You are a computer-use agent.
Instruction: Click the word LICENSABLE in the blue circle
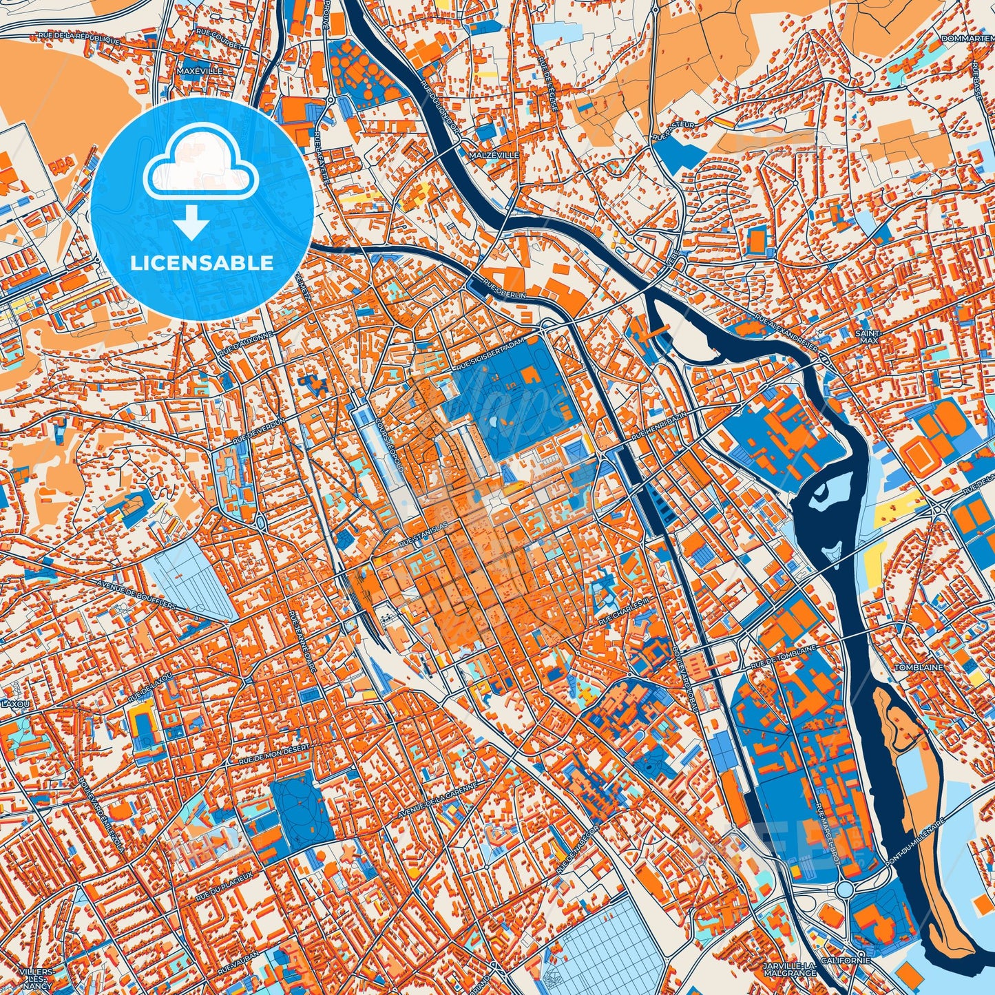[202, 263]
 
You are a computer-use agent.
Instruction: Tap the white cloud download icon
[200, 180]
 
